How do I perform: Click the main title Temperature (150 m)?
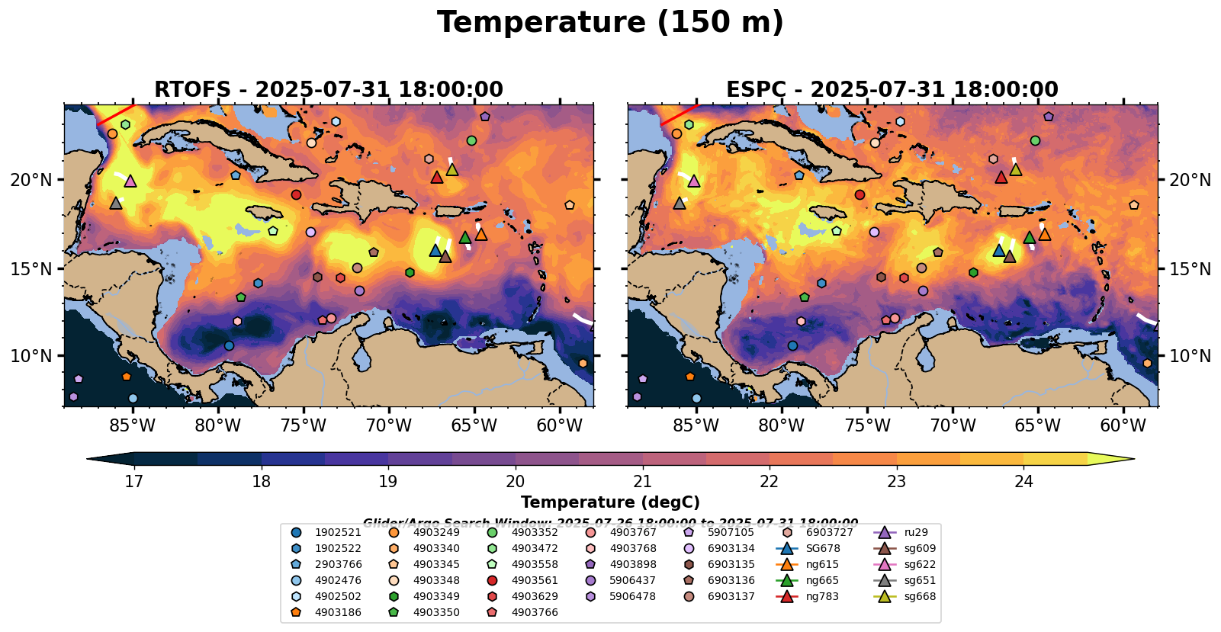tap(610, 23)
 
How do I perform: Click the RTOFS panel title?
tap(329, 90)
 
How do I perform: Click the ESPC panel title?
tap(892, 90)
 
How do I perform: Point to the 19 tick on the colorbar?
tap(388, 481)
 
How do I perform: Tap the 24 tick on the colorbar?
tap(1023, 481)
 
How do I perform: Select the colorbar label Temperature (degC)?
tap(610, 502)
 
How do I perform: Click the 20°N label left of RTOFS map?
tap(31, 180)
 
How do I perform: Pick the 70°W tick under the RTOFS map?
tap(388, 425)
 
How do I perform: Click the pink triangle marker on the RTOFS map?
tap(130, 181)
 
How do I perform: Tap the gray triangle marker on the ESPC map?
tap(680, 204)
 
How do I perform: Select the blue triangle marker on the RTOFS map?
tap(435, 250)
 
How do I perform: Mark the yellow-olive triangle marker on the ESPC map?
tap(1016, 169)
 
